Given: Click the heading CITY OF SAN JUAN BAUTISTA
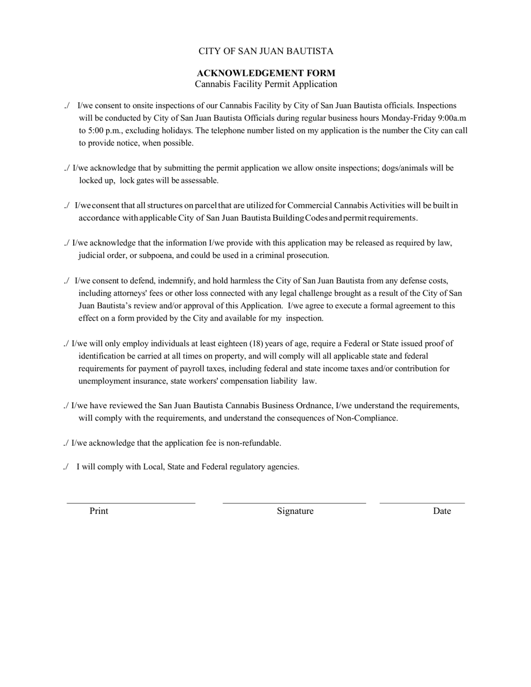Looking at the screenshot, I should tap(265, 51).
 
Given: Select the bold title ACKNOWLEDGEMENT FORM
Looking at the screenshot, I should tap(266, 73).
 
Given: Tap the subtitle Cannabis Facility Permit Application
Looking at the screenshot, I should tap(266, 84).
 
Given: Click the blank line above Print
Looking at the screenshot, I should tap(131, 503).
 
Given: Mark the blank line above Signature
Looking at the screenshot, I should tap(294, 503).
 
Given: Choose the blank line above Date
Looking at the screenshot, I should tap(422, 503).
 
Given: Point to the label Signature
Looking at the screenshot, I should tap(295, 511).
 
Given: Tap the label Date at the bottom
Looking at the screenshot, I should tap(442, 511).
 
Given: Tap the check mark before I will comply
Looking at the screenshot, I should tap(66, 467).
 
